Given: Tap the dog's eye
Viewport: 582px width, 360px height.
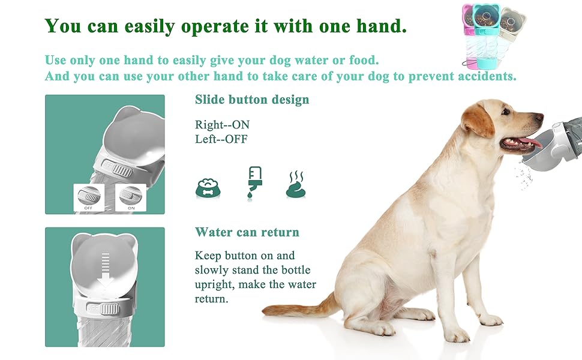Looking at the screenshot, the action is (x=506, y=111).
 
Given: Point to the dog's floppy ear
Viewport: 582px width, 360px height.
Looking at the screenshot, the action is (x=476, y=120).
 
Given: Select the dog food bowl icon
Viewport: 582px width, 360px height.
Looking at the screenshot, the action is (x=208, y=188).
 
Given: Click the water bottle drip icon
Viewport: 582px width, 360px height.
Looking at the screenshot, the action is (x=254, y=184).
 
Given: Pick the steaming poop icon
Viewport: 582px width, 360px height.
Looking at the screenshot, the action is (x=296, y=184).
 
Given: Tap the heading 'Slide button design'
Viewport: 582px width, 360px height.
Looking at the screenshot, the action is (x=252, y=100).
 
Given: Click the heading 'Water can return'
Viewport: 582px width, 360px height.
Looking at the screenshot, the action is (x=247, y=232).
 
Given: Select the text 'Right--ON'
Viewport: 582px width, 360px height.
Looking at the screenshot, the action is (x=223, y=125).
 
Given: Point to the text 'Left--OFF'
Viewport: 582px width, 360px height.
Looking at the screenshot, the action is (x=221, y=139).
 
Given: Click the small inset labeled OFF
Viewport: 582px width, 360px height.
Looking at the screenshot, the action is (x=88, y=197).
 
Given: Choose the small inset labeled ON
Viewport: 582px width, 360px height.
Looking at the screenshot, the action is (x=131, y=197).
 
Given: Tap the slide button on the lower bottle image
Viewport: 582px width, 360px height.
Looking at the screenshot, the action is (x=109, y=308).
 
